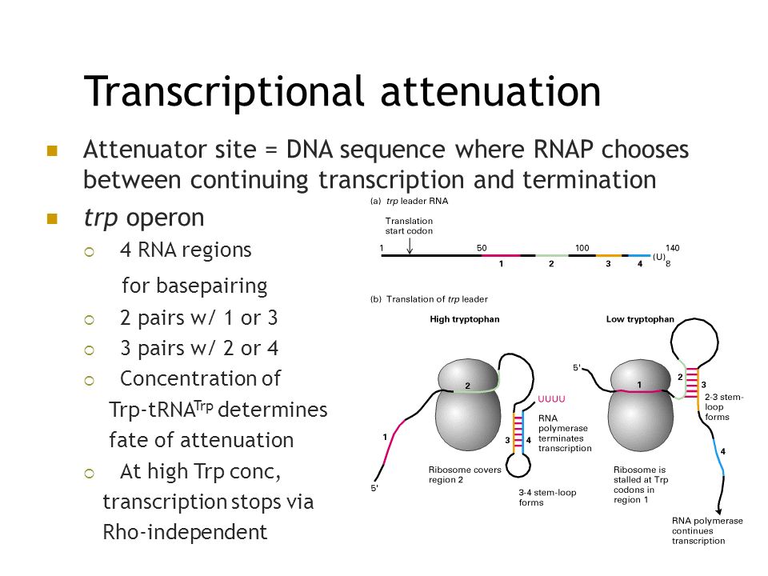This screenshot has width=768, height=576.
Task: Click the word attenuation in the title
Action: click(x=490, y=92)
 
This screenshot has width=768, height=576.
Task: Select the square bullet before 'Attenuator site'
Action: click(x=53, y=150)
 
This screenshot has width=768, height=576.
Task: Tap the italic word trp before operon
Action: click(x=100, y=218)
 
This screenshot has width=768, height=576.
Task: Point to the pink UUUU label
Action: click(x=552, y=398)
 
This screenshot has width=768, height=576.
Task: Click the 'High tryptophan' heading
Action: click(x=464, y=319)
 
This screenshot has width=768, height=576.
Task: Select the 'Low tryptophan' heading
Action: click(x=640, y=319)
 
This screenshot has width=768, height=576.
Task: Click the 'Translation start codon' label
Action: click(x=409, y=226)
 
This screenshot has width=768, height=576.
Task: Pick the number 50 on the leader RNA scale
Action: click(x=482, y=248)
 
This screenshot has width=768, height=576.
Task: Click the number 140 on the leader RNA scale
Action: click(x=672, y=248)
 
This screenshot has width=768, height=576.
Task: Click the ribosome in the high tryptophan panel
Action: click(x=469, y=409)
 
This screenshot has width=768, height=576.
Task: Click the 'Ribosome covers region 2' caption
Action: click(x=465, y=474)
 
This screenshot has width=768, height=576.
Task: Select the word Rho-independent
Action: click(x=186, y=531)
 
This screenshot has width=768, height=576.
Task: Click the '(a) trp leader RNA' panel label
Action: click(x=409, y=202)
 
